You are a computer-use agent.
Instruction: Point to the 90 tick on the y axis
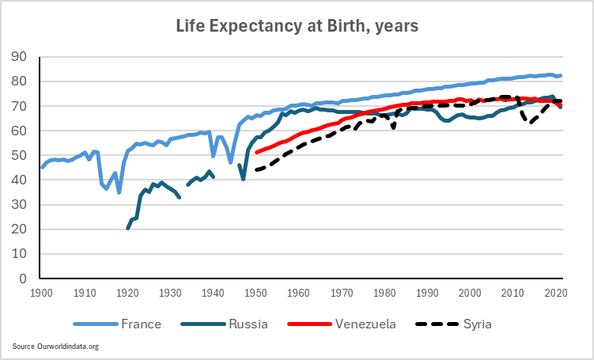21,57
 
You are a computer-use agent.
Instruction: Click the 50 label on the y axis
21,156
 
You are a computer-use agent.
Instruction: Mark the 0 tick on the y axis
25,279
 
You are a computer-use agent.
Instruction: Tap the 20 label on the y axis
21,229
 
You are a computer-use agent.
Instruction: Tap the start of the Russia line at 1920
127,229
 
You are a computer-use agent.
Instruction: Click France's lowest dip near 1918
119,192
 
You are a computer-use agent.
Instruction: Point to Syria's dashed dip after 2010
532,123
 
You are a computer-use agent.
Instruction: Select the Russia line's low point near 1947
244,179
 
